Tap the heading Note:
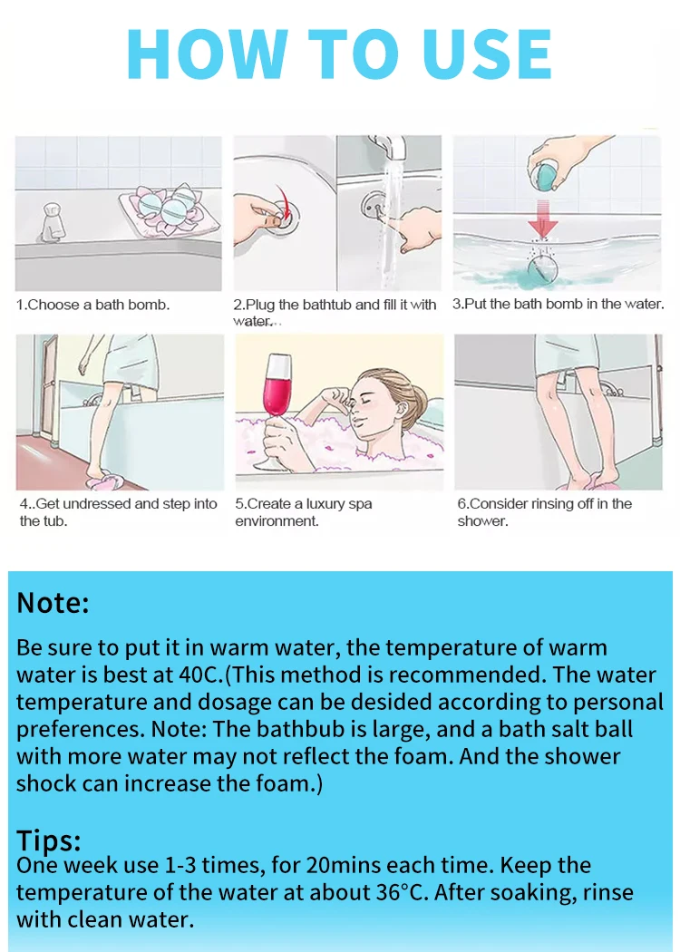tap(53, 603)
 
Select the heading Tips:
tap(49, 840)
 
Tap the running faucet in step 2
tap(391, 149)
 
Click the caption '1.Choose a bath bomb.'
tap(92, 306)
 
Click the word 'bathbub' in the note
tap(305, 729)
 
